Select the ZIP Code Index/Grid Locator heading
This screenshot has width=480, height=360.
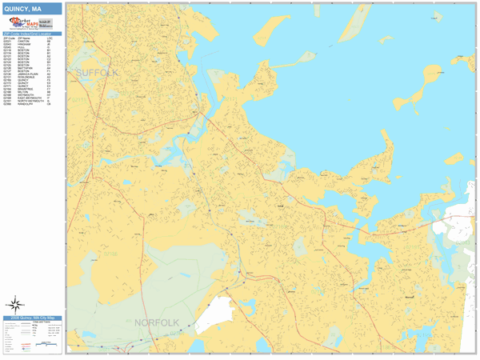(x=32, y=34)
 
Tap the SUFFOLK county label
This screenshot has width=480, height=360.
(x=97, y=73)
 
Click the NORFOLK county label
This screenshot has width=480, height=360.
(x=156, y=322)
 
